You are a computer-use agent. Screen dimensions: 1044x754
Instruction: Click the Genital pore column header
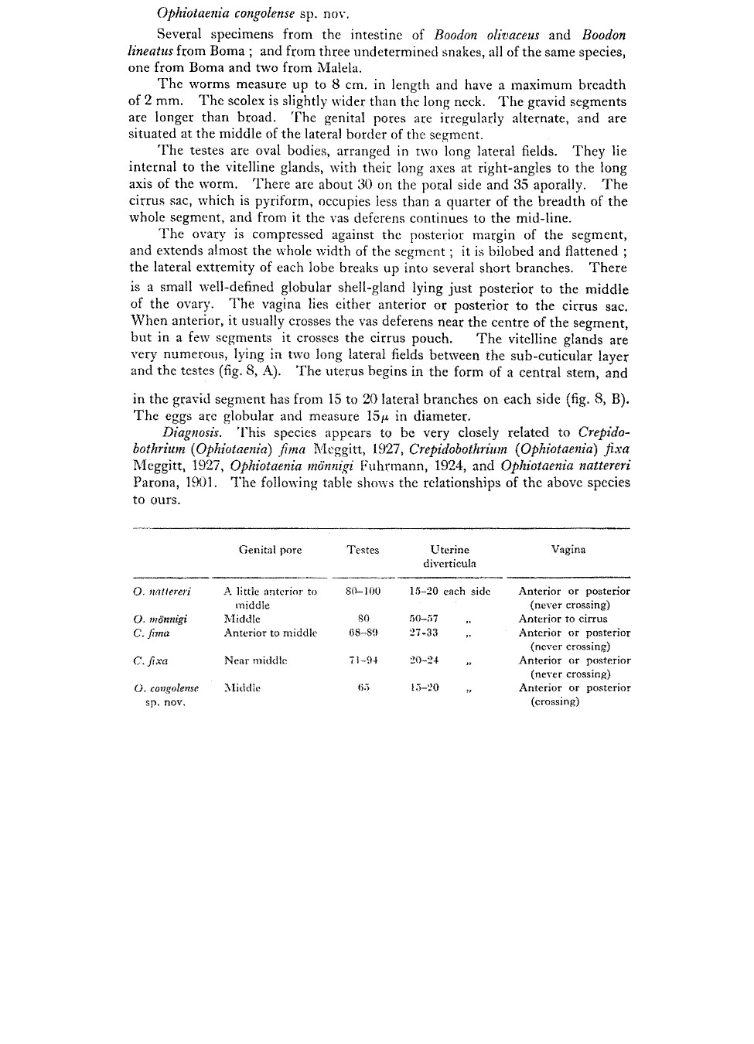pyautogui.click(x=270, y=550)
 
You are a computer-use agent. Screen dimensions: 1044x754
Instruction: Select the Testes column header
pyautogui.click(x=363, y=550)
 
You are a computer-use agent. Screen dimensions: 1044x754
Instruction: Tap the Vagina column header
pyautogui.click(x=568, y=550)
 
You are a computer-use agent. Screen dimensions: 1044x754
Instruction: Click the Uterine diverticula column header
pyautogui.click(x=449, y=556)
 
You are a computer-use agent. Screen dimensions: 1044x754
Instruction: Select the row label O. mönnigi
pyautogui.click(x=160, y=619)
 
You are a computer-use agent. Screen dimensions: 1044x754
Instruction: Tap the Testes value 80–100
pyautogui.click(x=363, y=592)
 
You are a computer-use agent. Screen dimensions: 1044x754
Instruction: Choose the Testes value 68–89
pyautogui.click(x=363, y=633)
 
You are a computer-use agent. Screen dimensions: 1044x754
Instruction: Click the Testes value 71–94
pyautogui.click(x=363, y=661)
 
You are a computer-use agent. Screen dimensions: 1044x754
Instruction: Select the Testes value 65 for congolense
pyautogui.click(x=363, y=687)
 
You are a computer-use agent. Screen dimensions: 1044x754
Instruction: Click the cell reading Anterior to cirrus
pyautogui.click(x=563, y=619)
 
